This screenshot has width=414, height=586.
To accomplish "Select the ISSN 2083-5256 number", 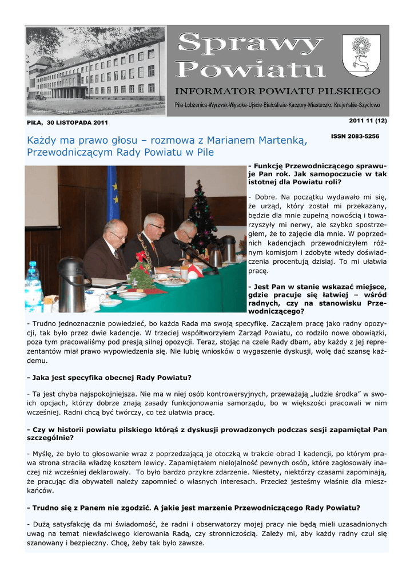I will (x=355, y=137).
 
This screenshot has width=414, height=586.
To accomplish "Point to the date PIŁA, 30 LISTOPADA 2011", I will (x=67, y=122).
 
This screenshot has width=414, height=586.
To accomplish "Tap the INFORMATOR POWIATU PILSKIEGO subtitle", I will (x=277, y=91).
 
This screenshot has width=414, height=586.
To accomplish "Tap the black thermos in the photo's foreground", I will (x=71, y=283).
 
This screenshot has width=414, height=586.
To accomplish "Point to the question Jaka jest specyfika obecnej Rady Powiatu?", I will (x=109, y=378).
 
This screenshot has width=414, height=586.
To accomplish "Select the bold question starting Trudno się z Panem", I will (x=193, y=507).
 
